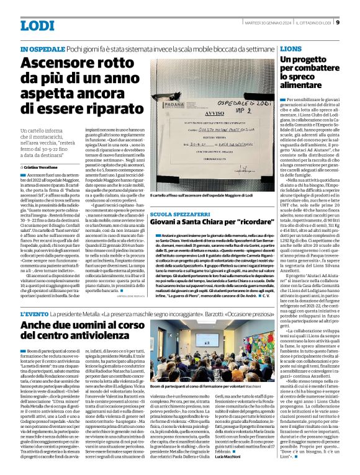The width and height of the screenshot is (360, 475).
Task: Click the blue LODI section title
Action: [38, 25]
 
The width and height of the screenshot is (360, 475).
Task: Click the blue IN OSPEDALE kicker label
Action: [42, 48]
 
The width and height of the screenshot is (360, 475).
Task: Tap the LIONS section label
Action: [291, 48]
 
